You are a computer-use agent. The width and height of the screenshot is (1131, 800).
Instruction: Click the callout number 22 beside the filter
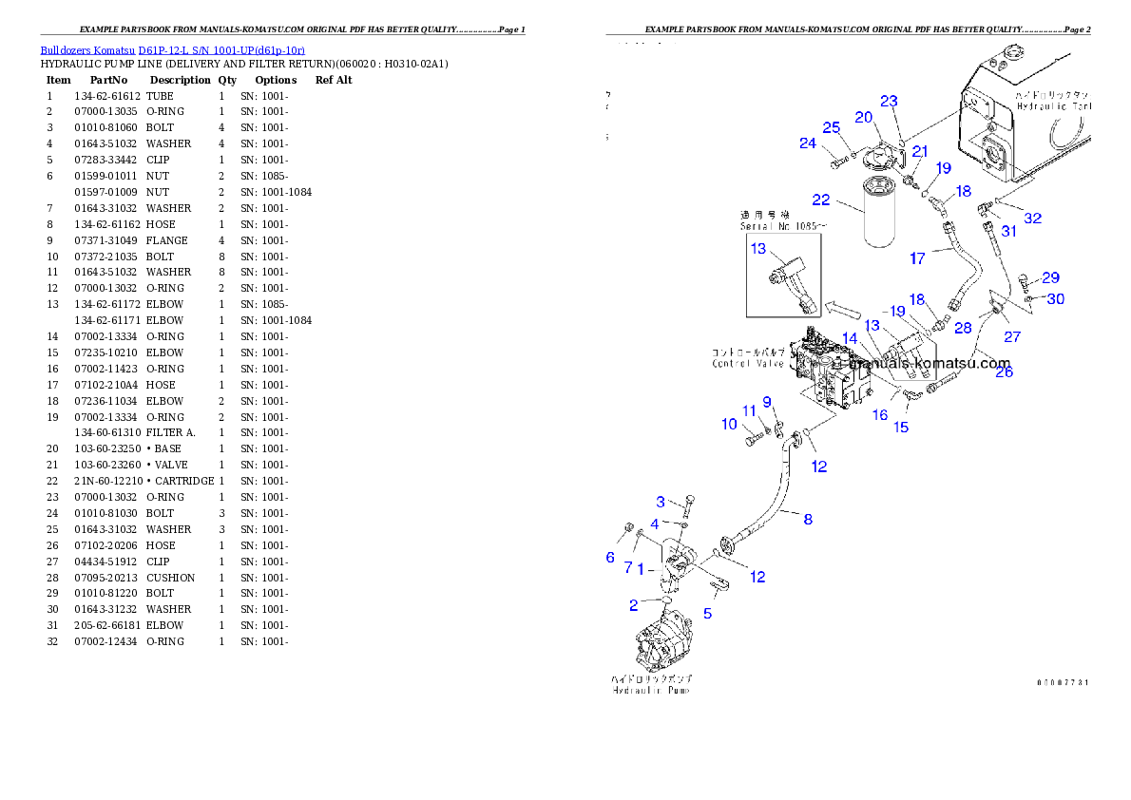point(821,200)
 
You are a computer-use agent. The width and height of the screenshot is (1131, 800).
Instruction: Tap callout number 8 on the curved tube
point(808,519)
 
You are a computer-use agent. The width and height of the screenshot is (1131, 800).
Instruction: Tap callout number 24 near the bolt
point(808,143)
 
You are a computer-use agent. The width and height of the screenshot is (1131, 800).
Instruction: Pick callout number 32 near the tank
point(1032,218)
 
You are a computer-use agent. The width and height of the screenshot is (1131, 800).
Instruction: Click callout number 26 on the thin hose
point(1004,371)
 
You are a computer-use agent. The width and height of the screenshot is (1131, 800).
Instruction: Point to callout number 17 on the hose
point(917,257)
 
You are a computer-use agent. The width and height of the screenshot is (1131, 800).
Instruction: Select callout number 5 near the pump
point(707,614)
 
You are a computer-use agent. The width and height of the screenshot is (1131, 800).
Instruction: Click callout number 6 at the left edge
point(610,558)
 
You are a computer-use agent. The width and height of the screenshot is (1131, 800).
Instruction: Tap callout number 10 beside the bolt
point(729,424)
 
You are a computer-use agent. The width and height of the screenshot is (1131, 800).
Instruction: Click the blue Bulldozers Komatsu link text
point(172,49)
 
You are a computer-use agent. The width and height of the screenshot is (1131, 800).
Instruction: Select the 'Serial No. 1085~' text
point(782,226)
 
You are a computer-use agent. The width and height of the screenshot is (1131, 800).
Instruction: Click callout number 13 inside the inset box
point(757,249)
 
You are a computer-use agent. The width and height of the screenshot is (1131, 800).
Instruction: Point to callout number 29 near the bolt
point(1050,277)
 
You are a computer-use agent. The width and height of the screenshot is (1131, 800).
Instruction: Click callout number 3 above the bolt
point(661,501)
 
